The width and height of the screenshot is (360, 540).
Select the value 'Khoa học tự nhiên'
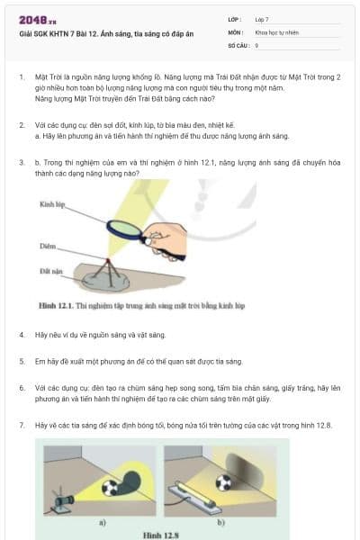pos(275,31)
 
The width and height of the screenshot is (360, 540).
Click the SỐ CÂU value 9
pos(256,44)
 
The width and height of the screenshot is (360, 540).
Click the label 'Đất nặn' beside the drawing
pos(51,270)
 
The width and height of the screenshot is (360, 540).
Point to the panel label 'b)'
pos(220,521)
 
